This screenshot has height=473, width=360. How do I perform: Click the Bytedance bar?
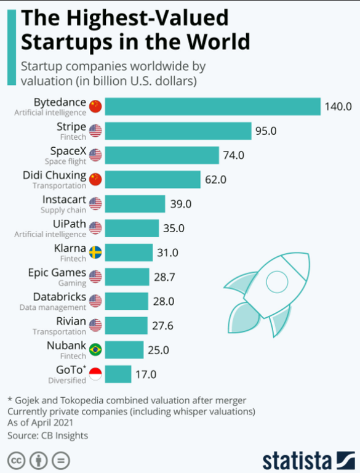(212, 107)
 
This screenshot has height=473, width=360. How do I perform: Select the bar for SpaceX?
(162, 155)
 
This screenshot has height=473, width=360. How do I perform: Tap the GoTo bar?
(118, 374)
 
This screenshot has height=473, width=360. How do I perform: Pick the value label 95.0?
(266, 131)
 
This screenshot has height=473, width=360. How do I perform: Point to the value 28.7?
(164, 277)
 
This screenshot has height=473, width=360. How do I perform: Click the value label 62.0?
(215, 179)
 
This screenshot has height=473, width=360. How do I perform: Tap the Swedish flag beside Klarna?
(95, 252)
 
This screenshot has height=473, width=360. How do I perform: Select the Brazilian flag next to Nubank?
(95, 350)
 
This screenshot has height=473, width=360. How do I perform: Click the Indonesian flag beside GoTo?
(95, 374)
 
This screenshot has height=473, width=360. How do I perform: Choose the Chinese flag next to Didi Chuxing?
(95, 179)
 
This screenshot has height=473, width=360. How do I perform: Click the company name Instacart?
(64, 200)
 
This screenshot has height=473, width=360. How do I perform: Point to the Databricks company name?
(60, 297)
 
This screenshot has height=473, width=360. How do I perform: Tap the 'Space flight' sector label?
(65, 161)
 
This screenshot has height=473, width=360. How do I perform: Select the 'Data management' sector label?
(53, 307)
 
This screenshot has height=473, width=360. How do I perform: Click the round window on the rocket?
(277, 281)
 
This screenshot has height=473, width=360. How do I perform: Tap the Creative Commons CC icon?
(16, 461)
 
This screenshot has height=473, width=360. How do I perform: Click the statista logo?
(308, 461)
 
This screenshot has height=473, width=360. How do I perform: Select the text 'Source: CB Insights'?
(47, 435)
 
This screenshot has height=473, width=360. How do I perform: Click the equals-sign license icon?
(61, 461)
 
